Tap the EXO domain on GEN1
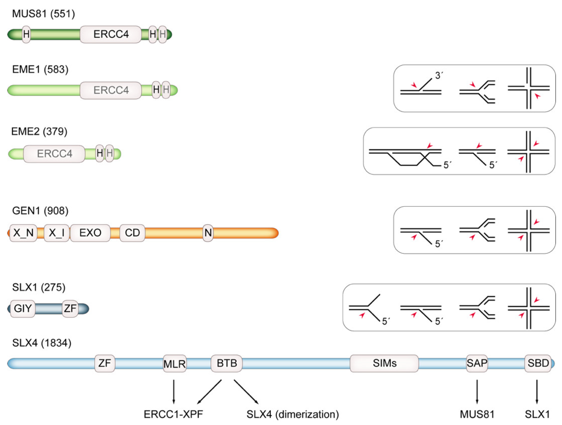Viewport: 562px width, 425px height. pyautogui.click(x=90, y=233)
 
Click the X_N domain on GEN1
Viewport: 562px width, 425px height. pyautogui.click(x=23, y=233)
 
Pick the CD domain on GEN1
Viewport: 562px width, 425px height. pyautogui.click(x=132, y=233)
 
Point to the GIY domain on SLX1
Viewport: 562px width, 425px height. pyautogui.click(x=23, y=309)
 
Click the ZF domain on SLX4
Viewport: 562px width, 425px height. pyautogui.click(x=105, y=363)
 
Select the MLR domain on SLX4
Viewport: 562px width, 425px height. pyautogui.click(x=175, y=364)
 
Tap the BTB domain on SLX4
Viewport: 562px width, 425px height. pyautogui.click(x=227, y=363)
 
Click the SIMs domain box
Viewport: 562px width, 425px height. pyautogui.click(x=384, y=363)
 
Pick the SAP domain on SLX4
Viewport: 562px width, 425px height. pyautogui.click(x=477, y=363)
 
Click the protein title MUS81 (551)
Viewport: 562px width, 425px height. pyautogui.click(x=43, y=14)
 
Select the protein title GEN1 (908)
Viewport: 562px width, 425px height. pyautogui.click(x=40, y=211)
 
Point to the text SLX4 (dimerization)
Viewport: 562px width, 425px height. pyautogui.click(x=293, y=414)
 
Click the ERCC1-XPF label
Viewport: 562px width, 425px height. pyautogui.click(x=173, y=414)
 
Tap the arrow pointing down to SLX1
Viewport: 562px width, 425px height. pyautogui.click(x=537, y=392)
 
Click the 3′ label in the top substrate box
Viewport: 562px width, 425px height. pyautogui.click(x=439, y=76)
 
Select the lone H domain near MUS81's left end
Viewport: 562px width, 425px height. pyautogui.click(x=26, y=34)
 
